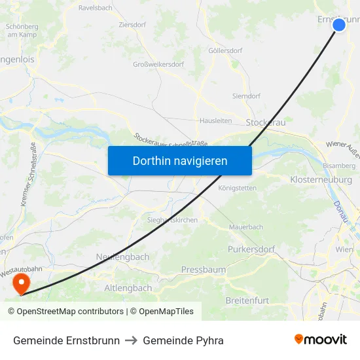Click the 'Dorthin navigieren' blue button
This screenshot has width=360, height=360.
(179, 160)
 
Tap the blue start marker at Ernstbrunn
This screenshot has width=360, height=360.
(338, 25)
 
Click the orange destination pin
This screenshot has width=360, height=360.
(21, 284)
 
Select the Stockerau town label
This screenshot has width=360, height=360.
(265, 122)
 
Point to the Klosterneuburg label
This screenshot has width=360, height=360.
(321, 179)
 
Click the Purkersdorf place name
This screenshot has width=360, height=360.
(251, 249)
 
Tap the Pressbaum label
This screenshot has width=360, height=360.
(204, 270)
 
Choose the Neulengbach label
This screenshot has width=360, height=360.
(122, 257)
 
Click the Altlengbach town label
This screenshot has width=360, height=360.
(128, 288)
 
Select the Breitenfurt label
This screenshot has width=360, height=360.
(247, 300)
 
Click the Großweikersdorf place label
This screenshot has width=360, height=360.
(158, 64)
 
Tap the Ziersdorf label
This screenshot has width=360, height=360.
(132, 24)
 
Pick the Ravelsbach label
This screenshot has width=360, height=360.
(96, 8)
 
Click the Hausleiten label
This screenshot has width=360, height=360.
(215, 120)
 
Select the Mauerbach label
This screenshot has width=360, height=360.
(245, 227)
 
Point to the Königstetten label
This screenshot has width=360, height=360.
(237, 188)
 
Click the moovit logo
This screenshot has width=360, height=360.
(321, 340)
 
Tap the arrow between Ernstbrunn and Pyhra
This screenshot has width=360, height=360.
(131, 340)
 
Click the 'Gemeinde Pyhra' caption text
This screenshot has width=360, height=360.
(183, 340)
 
